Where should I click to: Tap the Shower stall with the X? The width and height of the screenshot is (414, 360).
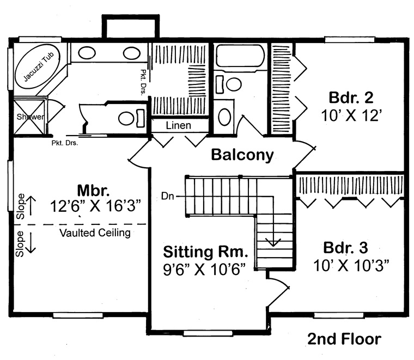(x=29, y=116)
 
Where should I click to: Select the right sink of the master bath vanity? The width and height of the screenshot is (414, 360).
(x=131, y=53)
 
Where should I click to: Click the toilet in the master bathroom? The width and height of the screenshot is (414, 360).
(x=129, y=117)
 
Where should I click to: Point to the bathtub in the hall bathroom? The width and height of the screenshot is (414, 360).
(x=240, y=56)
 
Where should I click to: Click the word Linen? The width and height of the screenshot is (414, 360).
(x=179, y=126)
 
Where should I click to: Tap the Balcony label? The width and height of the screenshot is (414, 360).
(x=242, y=155)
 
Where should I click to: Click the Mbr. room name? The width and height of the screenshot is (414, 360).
(x=94, y=191)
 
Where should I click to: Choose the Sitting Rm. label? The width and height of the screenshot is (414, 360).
(x=206, y=252)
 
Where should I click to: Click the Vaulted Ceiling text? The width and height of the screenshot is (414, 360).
(x=95, y=233)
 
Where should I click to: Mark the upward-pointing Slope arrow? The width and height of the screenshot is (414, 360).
(x=31, y=205)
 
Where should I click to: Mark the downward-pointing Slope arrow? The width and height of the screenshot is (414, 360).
(x=31, y=242)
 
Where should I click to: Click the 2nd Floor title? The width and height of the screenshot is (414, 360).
(x=344, y=339)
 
